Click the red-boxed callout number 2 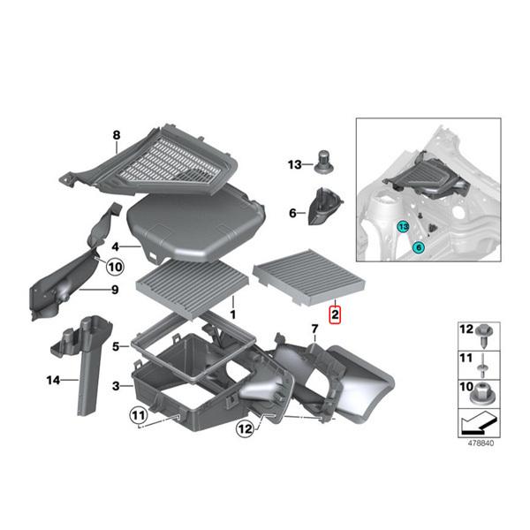pyautogui.click(x=335, y=314)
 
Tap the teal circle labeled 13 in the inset pyautogui.click(x=403, y=227)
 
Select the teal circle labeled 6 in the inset pyautogui.click(x=417, y=249)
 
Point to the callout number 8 pyautogui.click(x=115, y=135)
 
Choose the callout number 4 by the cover pyautogui.click(x=116, y=247)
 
